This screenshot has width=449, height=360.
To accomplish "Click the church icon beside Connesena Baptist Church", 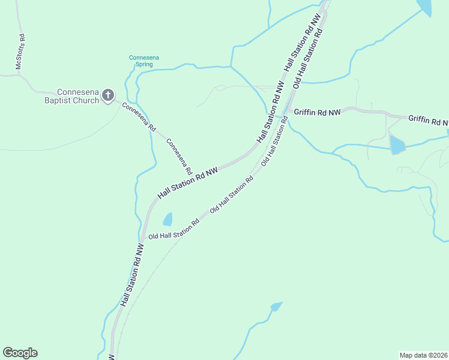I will click(108, 95).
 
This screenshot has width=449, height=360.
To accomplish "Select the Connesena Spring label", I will click(144, 61).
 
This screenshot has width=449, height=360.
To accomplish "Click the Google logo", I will click(20, 353).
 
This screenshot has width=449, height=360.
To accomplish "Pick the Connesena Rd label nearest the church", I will click(139, 117).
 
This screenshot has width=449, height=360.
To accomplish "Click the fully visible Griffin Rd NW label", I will click(317, 112).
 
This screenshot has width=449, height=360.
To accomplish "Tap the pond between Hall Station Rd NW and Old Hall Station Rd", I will click(167, 219).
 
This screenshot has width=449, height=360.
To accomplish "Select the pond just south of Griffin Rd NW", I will click(397, 145).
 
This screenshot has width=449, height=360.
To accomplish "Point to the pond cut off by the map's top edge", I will click(425, 6).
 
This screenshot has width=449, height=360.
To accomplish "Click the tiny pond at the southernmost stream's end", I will click(276, 307).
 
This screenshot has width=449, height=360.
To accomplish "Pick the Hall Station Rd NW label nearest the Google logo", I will click(132, 275).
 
